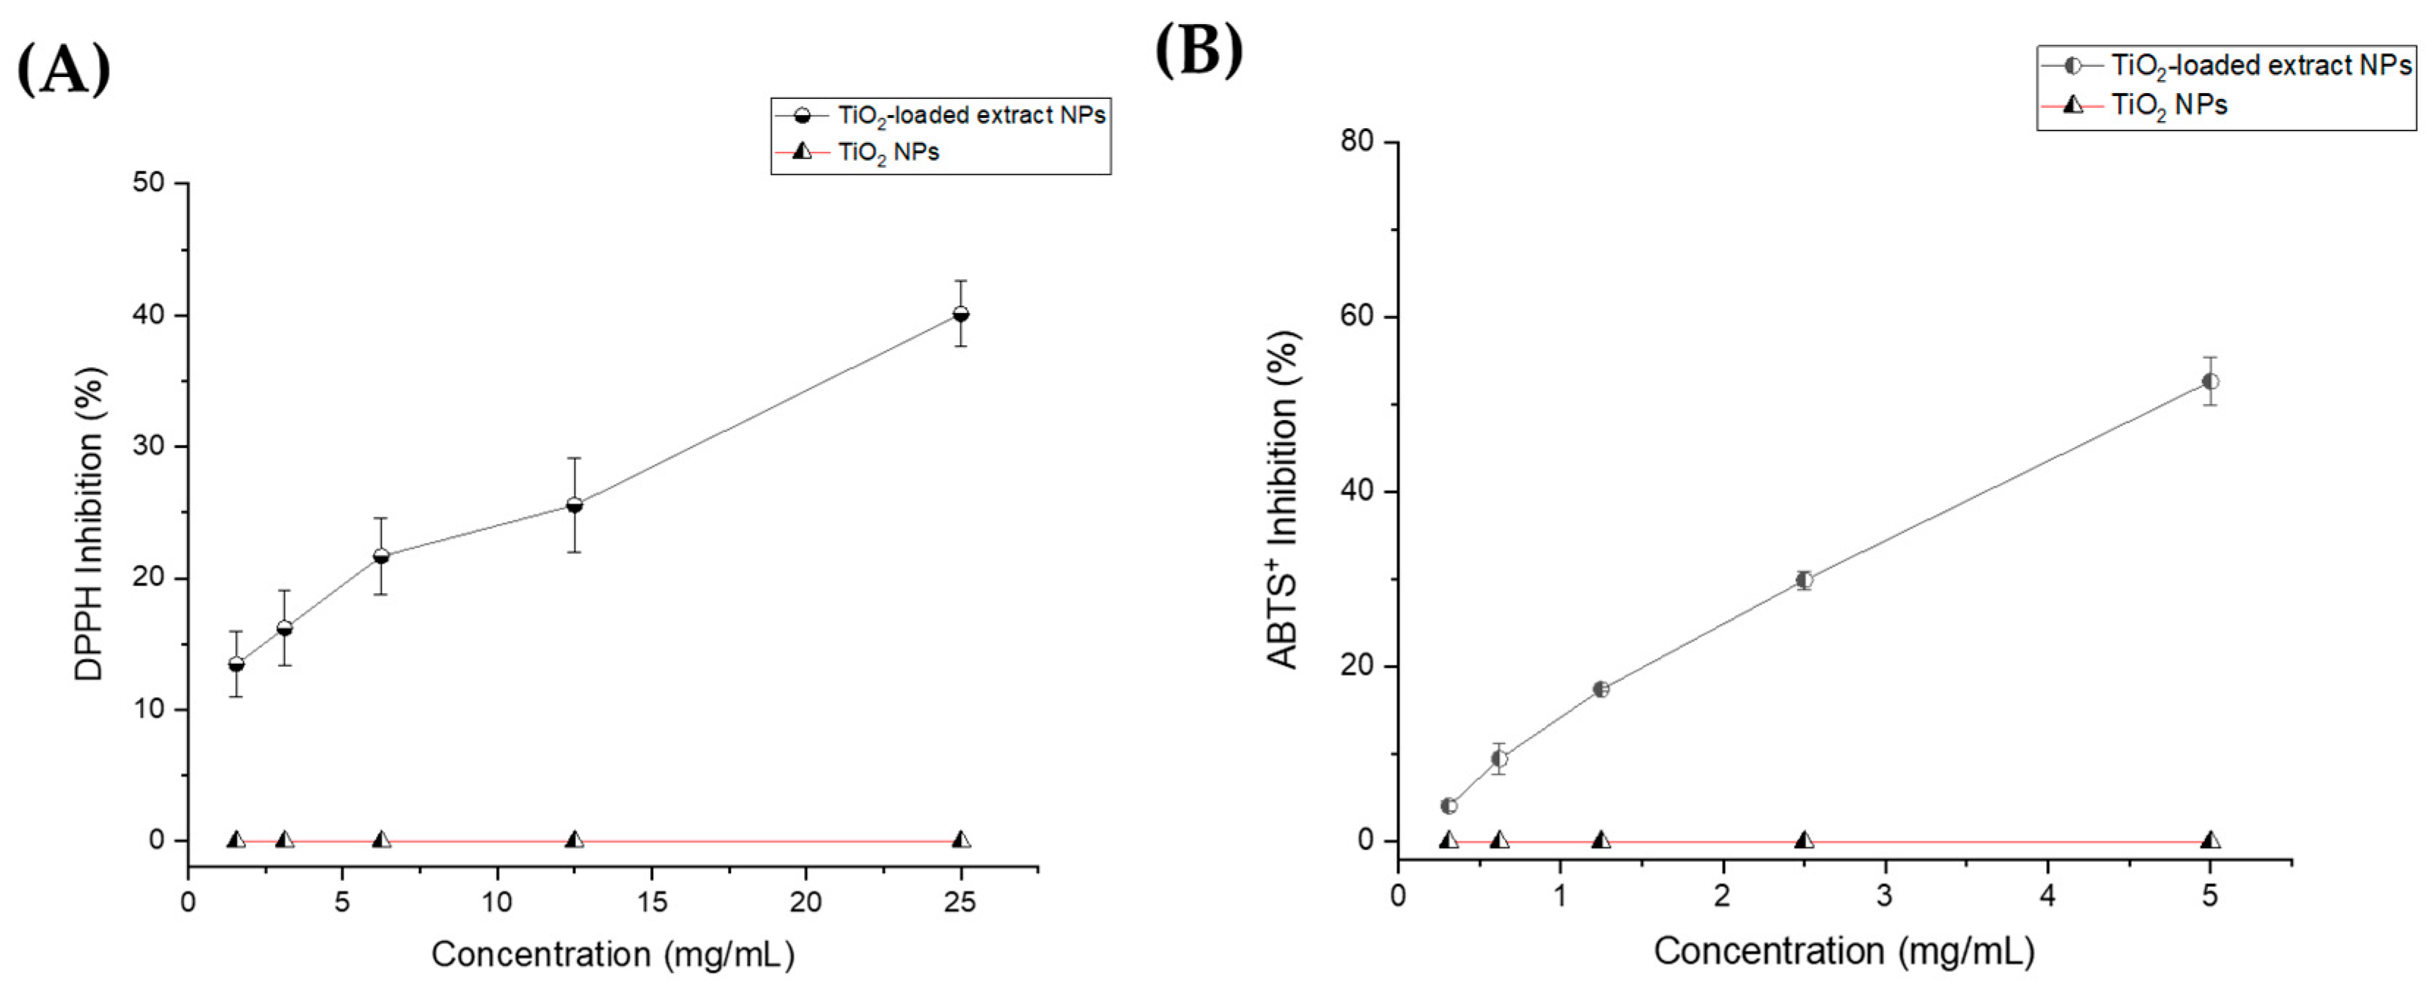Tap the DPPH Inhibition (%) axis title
pos(89,523)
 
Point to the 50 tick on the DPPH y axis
pos(148,183)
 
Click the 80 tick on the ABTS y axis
pos(1357,141)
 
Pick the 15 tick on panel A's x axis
pos(652,902)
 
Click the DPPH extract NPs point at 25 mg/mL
pos(960,314)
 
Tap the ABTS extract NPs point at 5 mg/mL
pos(2210,382)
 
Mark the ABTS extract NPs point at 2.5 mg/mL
pos(1804,580)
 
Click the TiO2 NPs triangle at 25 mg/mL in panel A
pos(960,839)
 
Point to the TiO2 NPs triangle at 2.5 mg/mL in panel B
pos(1804,839)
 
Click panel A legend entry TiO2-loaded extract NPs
pos(971,115)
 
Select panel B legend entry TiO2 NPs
pos(2168,105)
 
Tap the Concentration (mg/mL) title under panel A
pos(613,954)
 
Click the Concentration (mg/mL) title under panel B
pos(1844,951)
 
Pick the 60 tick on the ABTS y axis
pos(1357,317)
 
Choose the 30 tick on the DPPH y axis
pos(148,446)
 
